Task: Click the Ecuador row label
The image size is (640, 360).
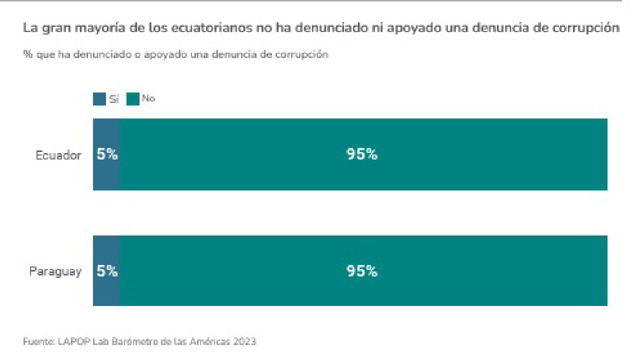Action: pos(58,155)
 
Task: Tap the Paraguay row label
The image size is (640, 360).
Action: pos(55,272)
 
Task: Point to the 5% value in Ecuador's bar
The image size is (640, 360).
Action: pos(107,154)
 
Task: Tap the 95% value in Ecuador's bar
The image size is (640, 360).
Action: pos(362,154)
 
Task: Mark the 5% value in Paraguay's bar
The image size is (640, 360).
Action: pos(107,271)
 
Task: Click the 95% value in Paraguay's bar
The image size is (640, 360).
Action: pos(362,271)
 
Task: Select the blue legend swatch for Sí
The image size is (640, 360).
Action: pos(99,99)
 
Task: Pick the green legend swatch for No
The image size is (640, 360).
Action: pos(133,99)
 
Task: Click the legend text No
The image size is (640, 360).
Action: pos(148,98)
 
